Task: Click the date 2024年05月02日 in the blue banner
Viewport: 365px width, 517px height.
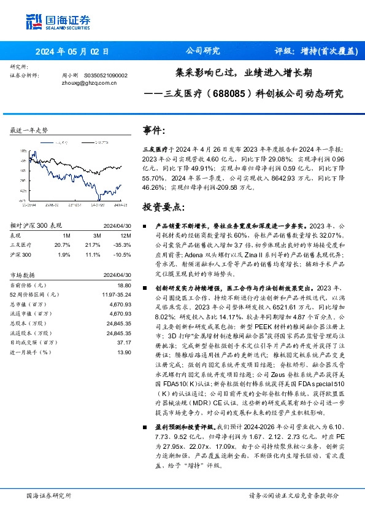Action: [x=72, y=52]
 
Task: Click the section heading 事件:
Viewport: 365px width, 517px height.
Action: [x=154, y=131]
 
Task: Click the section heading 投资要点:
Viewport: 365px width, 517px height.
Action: [x=163, y=206]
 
